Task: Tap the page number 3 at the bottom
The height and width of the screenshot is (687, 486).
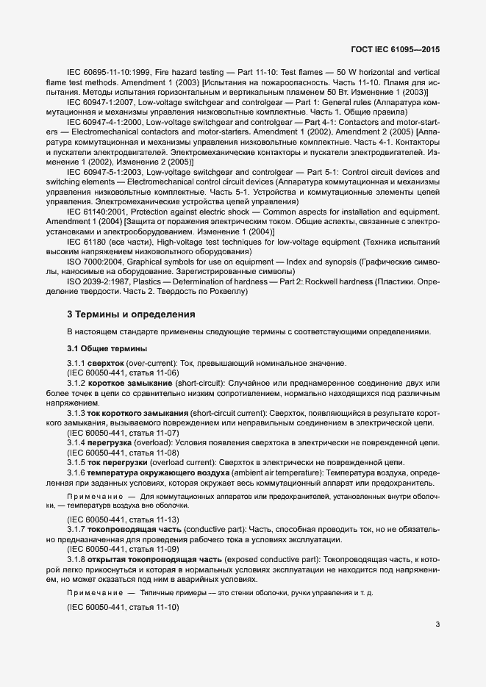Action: (x=437, y=625)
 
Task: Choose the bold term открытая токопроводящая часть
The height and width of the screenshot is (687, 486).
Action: (x=151, y=558)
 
